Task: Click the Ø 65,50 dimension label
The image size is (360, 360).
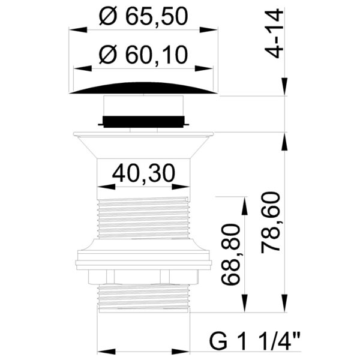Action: [x=143, y=17]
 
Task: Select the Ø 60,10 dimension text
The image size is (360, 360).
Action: [x=143, y=55]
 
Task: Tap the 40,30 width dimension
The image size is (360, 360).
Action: [x=144, y=173]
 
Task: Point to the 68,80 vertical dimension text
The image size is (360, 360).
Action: [x=230, y=254]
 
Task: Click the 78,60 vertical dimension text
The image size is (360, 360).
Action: [x=271, y=222]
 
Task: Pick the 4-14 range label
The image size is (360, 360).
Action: [x=274, y=34]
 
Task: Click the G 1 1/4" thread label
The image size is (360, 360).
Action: [x=254, y=343]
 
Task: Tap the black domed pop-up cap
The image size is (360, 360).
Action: [x=143, y=88]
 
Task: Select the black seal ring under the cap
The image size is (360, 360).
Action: [x=143, y=122]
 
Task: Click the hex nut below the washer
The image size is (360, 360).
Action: [x=143, y=277]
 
